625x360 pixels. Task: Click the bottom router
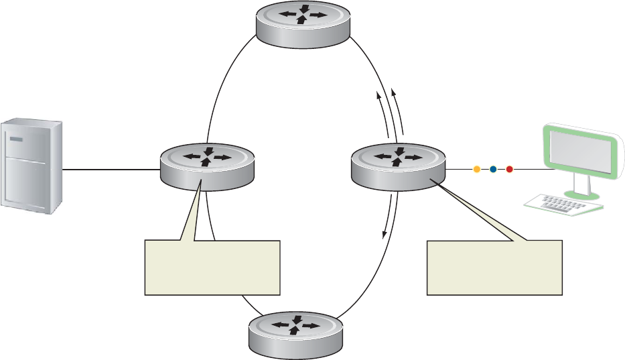pos(297,334)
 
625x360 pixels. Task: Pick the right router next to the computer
pos(398,164)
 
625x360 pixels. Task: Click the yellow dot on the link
pos(477,170)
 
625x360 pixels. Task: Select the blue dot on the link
pos(493,170)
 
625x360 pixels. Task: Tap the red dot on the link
pos(509,170)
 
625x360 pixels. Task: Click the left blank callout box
pos(212,267)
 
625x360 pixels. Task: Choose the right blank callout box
pos(495,267)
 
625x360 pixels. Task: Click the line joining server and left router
pos(111,170)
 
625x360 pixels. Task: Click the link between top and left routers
pos(221,87)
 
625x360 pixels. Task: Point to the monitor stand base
pos(577,194)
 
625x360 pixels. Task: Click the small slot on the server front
pos(16,139)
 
